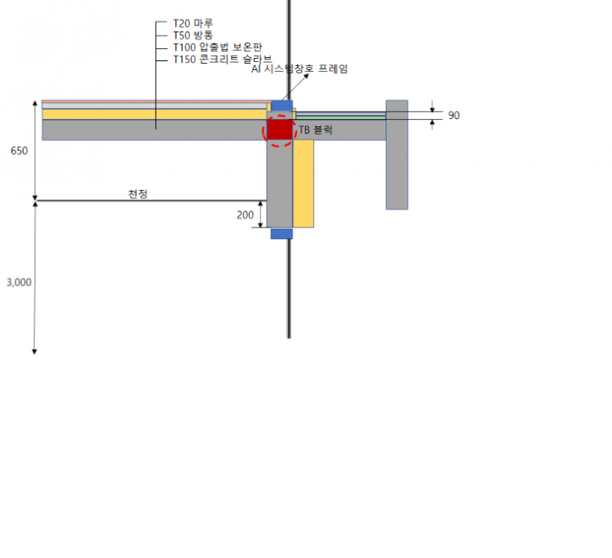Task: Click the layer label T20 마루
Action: pos(193,24)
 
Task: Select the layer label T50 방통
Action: pos(193,36)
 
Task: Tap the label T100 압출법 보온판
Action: pos(217,47)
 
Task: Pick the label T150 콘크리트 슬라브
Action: pos(223,60)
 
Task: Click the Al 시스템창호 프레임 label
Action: pos(299,69)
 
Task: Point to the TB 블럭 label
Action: pos(315,130)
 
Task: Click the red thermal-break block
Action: pos(280,130)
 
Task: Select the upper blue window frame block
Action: pos(282,106)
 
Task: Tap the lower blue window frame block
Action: pos(282,234)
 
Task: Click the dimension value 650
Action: pos(19,151)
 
